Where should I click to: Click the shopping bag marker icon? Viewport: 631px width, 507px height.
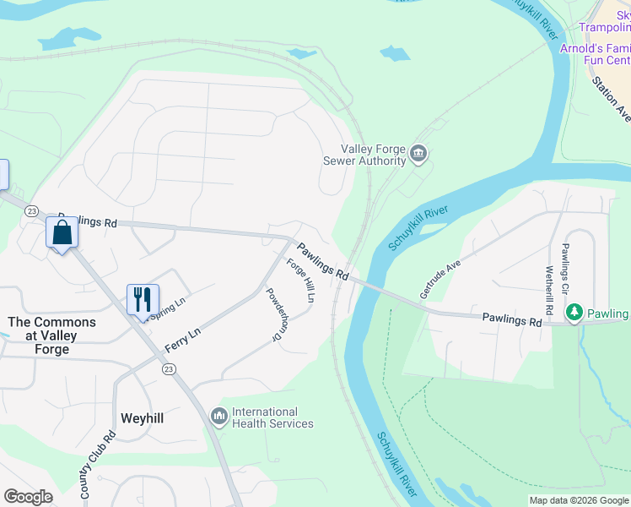[x=62, y=232]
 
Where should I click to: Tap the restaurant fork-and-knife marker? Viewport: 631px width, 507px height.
[x=143, y=298]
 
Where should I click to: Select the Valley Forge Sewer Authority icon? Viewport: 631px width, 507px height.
[x=419, y=155]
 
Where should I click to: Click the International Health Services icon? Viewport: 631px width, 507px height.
[x=218, y=416]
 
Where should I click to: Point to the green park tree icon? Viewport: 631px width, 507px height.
[x=574, y=313]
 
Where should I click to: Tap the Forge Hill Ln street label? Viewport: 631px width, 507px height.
[x=300, y=280]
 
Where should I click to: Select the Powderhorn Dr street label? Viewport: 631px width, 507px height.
[x=273, y=314]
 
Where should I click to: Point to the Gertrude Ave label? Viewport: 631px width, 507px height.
[x=440, y=279]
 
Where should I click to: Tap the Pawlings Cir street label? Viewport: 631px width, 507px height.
[x=566, y=268]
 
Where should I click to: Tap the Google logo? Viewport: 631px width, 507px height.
[x=29, y=497]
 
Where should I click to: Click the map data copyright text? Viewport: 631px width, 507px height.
[x=578, y=500]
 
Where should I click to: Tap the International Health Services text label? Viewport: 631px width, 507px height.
[x=272, y=417]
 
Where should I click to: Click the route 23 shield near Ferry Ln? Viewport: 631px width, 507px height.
[x=170, y=369]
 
